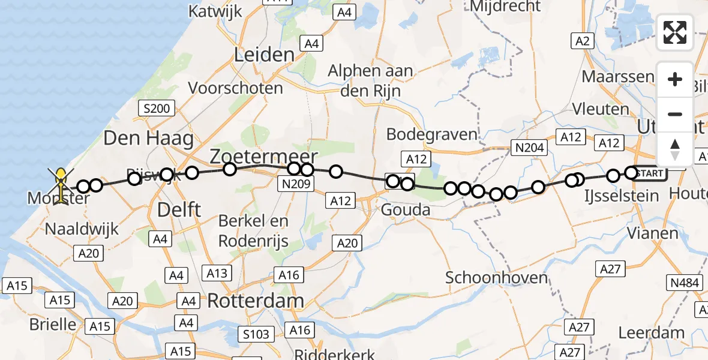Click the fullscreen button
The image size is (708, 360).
[675, 32]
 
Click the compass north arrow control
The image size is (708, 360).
[675, 149]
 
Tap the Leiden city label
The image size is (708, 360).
[265, 55]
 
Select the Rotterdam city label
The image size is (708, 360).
[255, 300]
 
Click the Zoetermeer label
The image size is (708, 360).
[263, 157]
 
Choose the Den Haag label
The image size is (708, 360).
[148, 139]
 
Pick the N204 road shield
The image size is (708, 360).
[528, 146]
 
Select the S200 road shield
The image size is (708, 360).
[156, 109]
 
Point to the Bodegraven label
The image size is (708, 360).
[431, 134]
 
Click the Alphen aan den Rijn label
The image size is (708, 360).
[370, 80]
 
